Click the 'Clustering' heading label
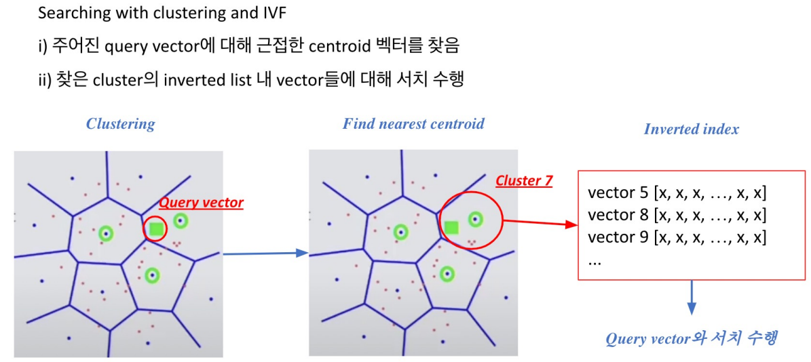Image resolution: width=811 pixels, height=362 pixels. coord(120,124)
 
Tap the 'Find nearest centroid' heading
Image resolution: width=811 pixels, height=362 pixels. coord(413,124)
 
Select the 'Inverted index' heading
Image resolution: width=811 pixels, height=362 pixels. coord(691,129)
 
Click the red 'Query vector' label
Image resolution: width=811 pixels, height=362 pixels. coord(201,202)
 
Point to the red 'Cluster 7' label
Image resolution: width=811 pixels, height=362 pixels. coord(524,181)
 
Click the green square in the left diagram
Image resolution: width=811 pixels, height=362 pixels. coord(157,229)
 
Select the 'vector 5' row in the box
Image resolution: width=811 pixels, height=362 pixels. coord(677,193)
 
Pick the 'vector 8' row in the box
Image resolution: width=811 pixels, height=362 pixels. coord(677,215)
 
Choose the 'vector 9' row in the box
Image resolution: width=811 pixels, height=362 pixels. coord(677,237)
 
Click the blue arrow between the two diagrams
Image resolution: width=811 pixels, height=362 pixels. coord(265,254)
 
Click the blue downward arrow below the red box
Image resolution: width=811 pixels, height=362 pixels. coord(692,298)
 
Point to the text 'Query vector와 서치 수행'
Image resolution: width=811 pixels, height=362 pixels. coord(691,338)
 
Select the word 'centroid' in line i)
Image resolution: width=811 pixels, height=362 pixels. coord(335,45)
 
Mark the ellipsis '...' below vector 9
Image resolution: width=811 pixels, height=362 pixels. coord(595,261)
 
